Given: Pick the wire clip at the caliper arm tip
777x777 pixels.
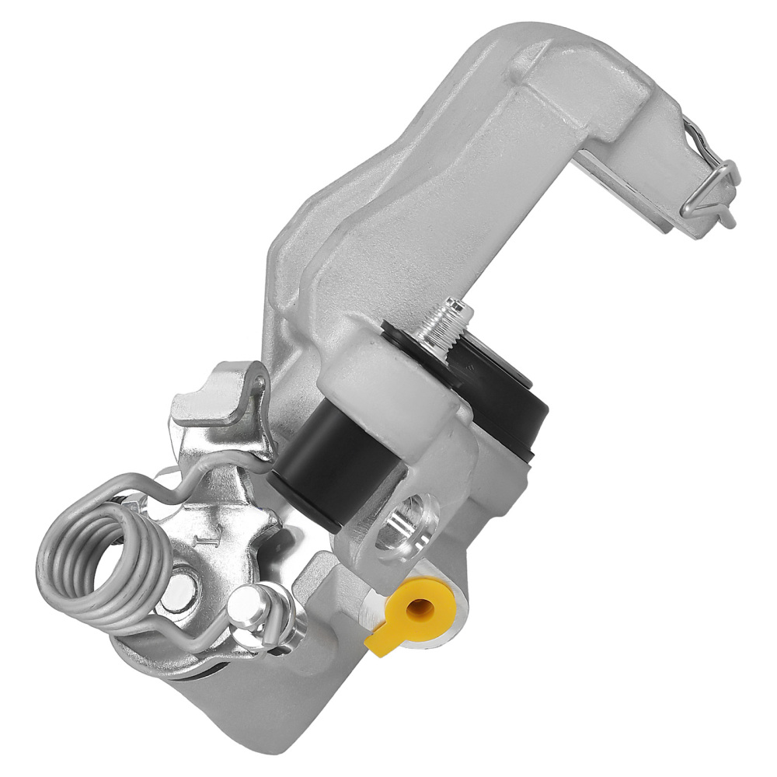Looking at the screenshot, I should click(x=711, y=190).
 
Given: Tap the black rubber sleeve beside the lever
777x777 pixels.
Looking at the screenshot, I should click(x=326, y=466).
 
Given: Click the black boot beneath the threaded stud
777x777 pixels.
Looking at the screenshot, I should click(x=497, y=396).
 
